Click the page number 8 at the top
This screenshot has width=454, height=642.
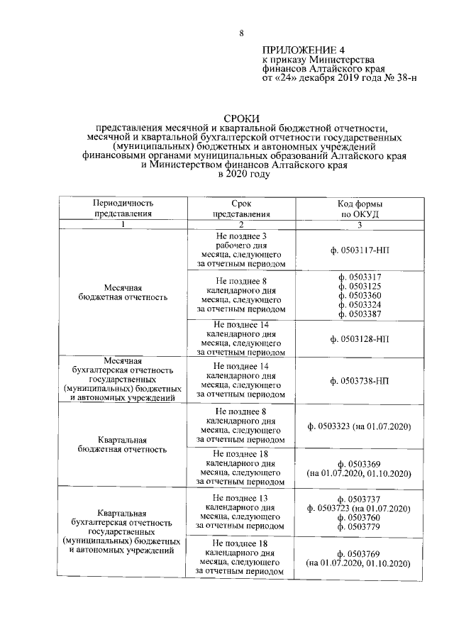pyautogui.click(x=241, y=33)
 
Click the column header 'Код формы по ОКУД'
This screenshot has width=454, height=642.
pyautogui.click(x=360, y=208)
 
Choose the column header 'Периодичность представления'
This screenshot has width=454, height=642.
pyautogui.click(x=123, y=208)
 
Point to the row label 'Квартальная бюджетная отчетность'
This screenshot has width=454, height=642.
pyautogui.click(x=123, y=444)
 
